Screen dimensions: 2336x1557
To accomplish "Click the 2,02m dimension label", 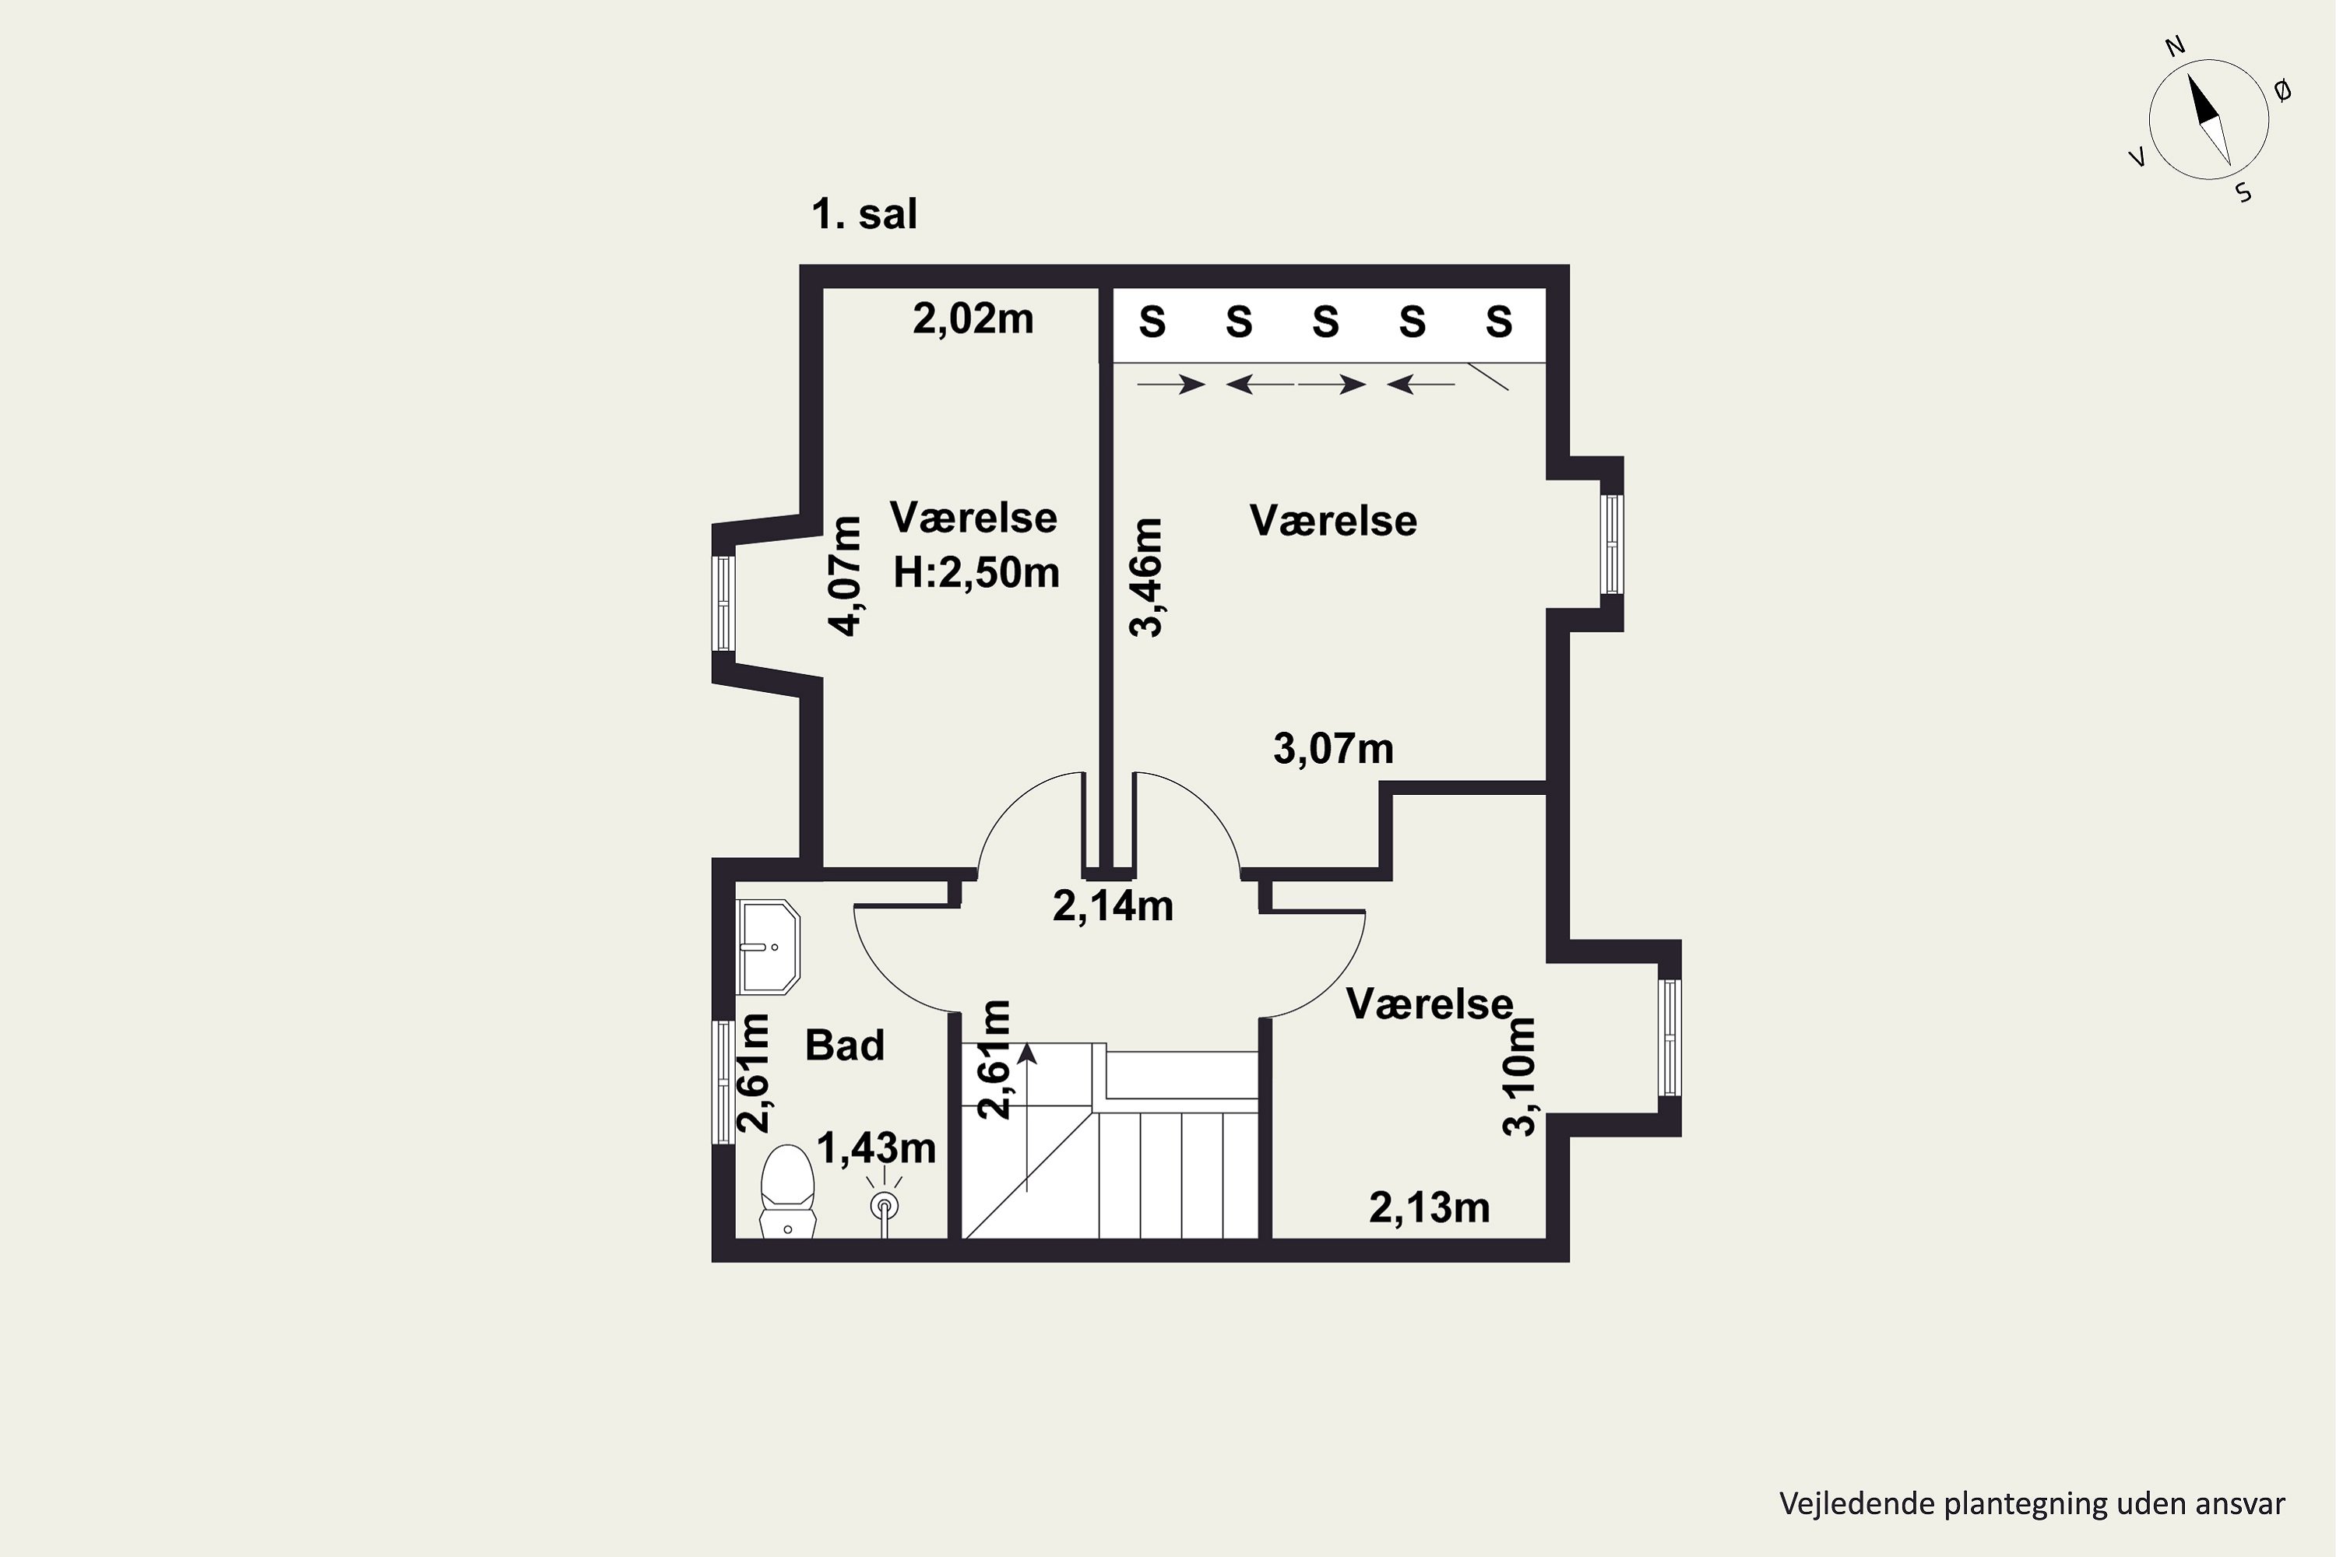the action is click(x=973, y=320).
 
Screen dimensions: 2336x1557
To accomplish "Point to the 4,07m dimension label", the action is click(x=846, y=576).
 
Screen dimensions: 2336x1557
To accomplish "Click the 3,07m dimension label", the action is click(x=1333, y=749).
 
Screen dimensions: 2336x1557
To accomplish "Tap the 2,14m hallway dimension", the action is click(x=1113, y=905).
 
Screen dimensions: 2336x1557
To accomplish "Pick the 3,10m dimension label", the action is click(x=1520, y=1077).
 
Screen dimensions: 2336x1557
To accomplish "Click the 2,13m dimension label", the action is click(x=1429, y=1207).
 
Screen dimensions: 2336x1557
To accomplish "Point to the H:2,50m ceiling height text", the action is click(x=976, y=573).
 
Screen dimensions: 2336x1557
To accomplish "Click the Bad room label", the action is click(x=844, y=1046).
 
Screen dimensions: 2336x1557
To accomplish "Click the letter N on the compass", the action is click(x=2175, y=73).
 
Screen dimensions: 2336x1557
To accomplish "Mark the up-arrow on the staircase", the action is click(x=1027, y=1117).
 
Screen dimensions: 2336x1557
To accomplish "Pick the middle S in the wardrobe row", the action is click(x=1325, y=322).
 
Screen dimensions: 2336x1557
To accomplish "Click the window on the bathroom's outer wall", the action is click(x=724, y=1082).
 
